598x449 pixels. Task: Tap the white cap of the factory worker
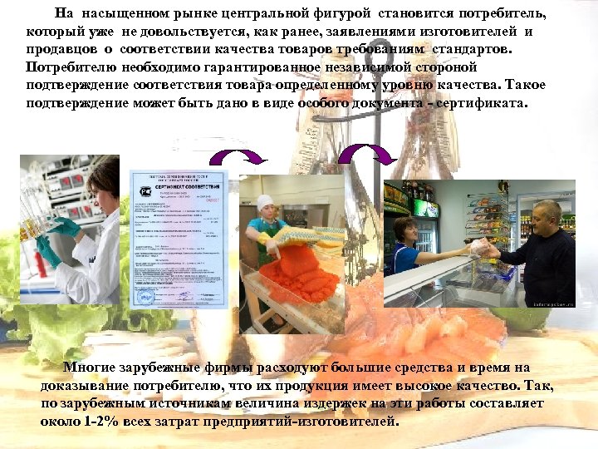[266, 201]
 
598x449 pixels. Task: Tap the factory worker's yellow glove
[268, 239]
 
